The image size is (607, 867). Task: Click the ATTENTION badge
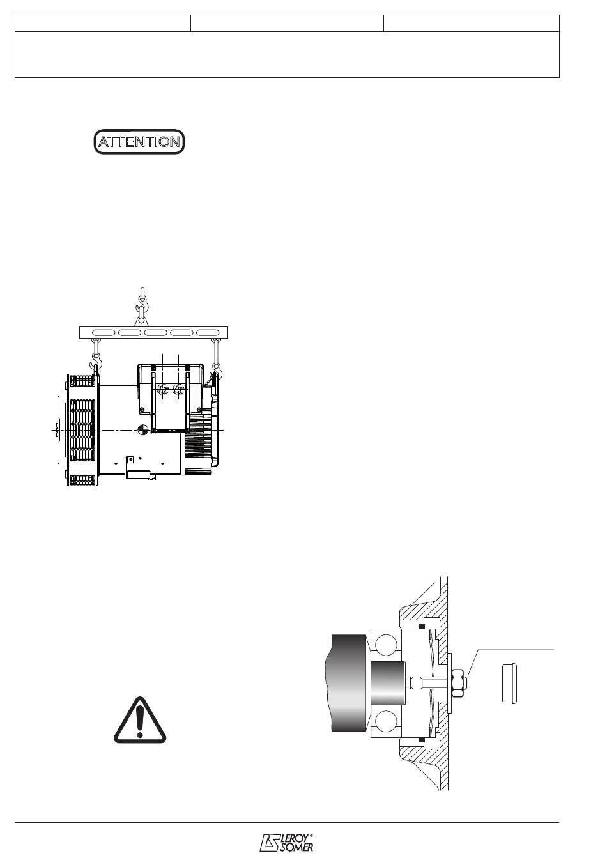[x=139, y=142]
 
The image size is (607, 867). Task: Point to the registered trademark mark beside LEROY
[x=311, y=834]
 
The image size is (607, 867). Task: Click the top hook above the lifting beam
[x=142, y=306]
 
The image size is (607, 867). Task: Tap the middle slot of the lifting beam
[x=156, y=332]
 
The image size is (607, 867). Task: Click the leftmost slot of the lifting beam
[x=104, y=332]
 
